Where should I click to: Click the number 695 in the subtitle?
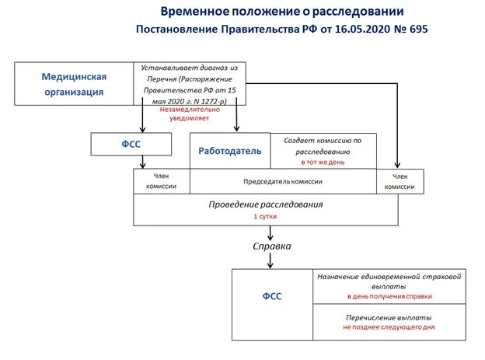click(413, 29)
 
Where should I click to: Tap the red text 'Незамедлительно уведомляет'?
click(189, 115)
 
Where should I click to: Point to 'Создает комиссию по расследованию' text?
click(323, 145)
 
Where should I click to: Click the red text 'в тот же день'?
click(323, 163)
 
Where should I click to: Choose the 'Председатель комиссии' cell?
click(283, 181)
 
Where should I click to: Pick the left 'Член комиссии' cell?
click(162, 181)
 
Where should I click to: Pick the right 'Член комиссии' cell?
click(400, 181)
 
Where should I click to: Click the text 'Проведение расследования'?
click(266, 204)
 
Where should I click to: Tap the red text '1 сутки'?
click(266, 217)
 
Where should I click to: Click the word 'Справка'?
click(273, 246)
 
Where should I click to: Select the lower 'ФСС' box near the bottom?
click(272, 296)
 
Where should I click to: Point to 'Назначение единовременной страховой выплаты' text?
click(390, 281)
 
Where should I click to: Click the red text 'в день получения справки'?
click(390, 296)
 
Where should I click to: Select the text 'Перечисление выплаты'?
click(389, 317)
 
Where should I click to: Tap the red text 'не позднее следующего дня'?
click(389, 327)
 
